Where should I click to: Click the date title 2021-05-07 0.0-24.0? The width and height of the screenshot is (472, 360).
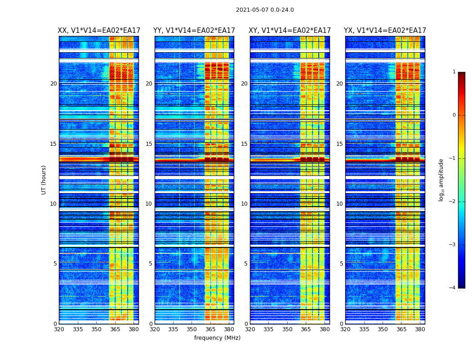coord(265,10)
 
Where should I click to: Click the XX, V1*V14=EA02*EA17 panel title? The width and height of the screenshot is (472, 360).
coord(99,31)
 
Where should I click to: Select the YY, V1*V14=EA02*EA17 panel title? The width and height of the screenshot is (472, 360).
coord(194,31)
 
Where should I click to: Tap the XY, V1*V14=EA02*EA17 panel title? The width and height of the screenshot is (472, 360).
coord(290,31)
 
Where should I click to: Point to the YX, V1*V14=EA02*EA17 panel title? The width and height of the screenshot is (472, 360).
coord(385,31)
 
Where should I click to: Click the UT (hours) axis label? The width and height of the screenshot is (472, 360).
coord(44,180)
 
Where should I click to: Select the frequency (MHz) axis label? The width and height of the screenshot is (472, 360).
coord(217,338)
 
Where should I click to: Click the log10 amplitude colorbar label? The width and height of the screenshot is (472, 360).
coord(441,180)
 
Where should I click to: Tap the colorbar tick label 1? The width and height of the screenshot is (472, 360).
coord(454,72)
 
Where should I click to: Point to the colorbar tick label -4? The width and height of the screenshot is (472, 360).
coord(453,288)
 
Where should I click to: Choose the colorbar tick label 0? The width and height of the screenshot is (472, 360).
coord(454,115)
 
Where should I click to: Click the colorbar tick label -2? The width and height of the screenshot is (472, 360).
coord(453,202)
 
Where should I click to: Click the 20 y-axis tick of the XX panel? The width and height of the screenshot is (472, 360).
coord(53,84)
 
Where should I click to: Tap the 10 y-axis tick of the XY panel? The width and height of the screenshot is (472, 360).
coord(244,204)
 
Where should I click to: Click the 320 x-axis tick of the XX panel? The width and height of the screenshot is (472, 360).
coord(59,329)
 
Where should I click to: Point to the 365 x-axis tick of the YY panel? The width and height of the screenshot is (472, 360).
coord(210,329)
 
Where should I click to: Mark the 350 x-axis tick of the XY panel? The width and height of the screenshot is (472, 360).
coord(287,329)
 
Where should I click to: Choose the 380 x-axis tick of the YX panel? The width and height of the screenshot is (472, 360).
coord(420,329)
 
